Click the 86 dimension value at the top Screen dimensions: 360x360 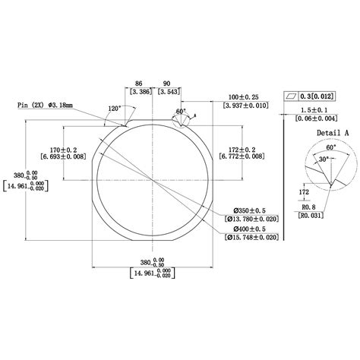(137, 84)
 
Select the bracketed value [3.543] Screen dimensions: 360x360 (167, 92)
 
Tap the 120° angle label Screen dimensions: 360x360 (115, 109)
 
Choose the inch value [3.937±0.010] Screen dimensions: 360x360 (246, 105)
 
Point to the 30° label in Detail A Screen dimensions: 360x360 (321, 159)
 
